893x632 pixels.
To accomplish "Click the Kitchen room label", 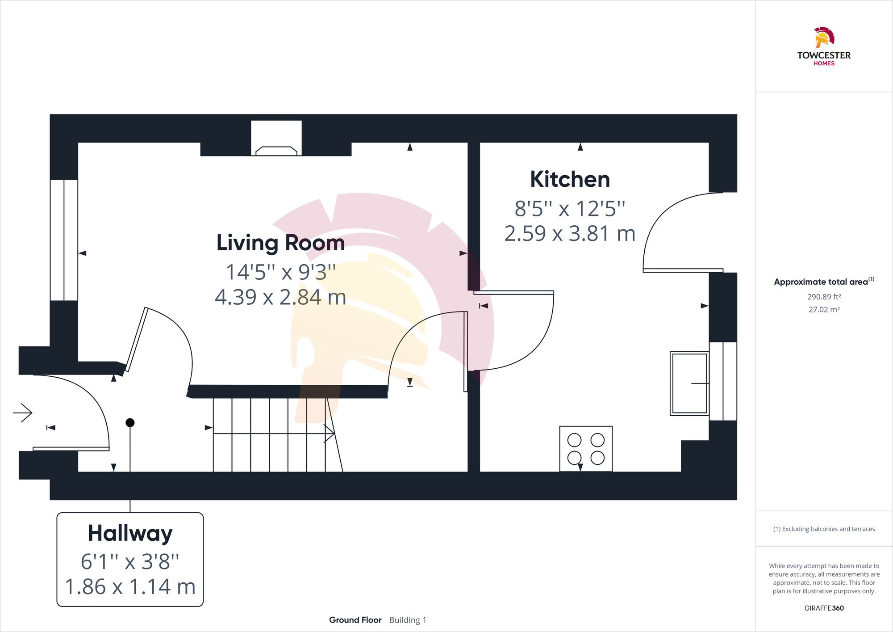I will pyautogui.click(x=570, y=179).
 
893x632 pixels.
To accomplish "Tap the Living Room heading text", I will pyautogui.click(x=280, y=243).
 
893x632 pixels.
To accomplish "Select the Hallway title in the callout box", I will pyautogui.click(x=130, y=533).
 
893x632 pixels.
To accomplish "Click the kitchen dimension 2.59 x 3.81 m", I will pyautogui.click(x=570, y=233).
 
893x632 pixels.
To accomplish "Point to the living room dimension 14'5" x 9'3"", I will pyautogui.click(x=280, y=272).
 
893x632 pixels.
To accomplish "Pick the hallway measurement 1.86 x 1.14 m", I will pyautogui.click(x=130, y=586).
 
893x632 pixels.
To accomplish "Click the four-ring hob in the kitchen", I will pyautogui.click(x=586, y=449).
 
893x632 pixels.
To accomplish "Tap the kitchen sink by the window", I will pyautogui.click(x=689, y=383).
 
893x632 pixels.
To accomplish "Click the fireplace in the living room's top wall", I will pyautogui.click(x=276, y=139).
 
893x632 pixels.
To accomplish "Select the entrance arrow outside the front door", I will pyautogui.click(x=23, y=413).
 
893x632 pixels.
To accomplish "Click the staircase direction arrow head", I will pyautogui.click(x=330, y=433).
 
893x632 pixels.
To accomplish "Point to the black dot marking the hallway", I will pyautogui.click(x=130, y=422).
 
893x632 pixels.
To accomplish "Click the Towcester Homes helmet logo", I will pyautogui.click(x=824, y=38).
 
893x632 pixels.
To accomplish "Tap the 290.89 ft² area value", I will pyautogui.click(x=824, y=297).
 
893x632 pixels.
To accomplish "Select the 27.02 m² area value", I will pyautogui.click(x=824, y=309).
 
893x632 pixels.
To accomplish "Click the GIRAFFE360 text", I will pyautogui.click(x=824, y=608).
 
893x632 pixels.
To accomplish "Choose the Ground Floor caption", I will pyautogui.click(x=355, y=620).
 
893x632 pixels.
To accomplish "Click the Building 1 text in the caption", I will pyautogui.click(x=408, y=620).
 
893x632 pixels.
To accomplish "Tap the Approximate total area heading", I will pyautogui.click(x=821, y=282).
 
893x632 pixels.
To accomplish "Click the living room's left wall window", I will pyautogui.click(x=64, y=240).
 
